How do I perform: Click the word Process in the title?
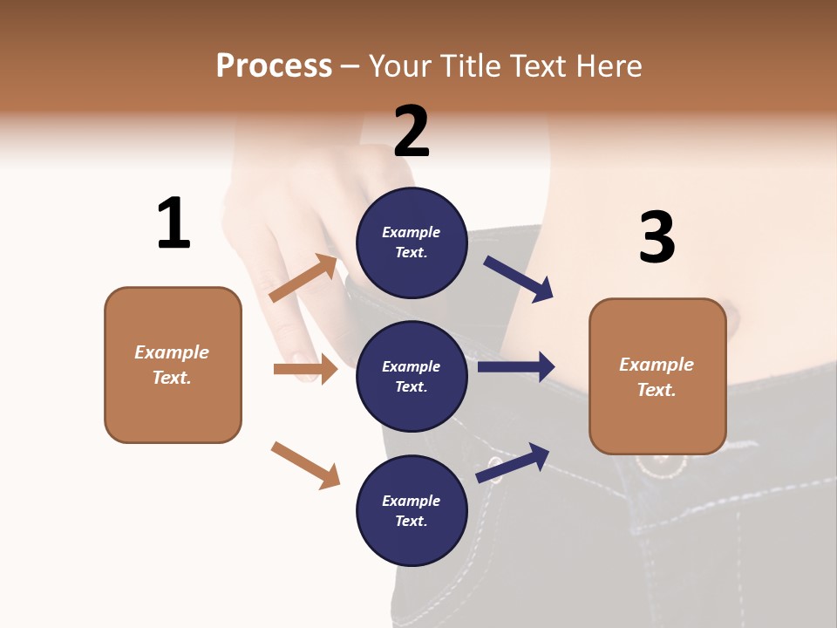tap(274, 66)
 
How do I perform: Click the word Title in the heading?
tap(472, 66)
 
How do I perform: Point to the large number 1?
tap(174, 223)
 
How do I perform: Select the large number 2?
tap(412, 132)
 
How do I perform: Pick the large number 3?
tap(657, 236)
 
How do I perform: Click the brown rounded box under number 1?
tap(173, 365)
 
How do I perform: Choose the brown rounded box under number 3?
tap(657, 377)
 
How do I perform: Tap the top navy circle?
tap(412, 242)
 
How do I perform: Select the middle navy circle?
tap(412, 377)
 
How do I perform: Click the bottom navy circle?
tap(412, 511)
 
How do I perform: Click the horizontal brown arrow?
tap(305, 369)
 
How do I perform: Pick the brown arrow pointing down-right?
tap(305, 465)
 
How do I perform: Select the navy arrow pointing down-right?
tap(519, 279)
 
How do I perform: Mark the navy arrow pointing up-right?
tap(513, 462)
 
